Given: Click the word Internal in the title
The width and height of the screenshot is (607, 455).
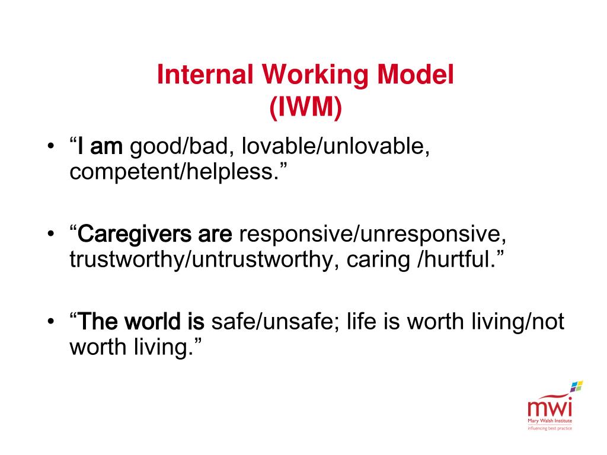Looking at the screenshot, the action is (205, 74).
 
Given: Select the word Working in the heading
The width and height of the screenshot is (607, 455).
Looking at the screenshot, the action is (315, 75).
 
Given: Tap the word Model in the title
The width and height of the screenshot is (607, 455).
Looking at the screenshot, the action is (415, 74).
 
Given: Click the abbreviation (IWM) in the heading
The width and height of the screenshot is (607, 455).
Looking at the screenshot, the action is (305, 107).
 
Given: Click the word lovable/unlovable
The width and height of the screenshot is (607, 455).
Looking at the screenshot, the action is (336, 146).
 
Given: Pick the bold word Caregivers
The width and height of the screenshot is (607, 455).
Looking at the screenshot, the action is (135, 235).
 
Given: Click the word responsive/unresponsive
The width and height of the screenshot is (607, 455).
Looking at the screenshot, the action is (372, 235).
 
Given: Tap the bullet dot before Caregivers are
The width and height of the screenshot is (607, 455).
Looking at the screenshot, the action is (51, 234).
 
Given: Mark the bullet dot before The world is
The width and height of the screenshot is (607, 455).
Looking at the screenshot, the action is (51, 321).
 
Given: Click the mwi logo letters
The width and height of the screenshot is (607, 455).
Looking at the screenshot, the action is (550, 408).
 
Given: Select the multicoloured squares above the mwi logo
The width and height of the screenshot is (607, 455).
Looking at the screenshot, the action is (576, 386).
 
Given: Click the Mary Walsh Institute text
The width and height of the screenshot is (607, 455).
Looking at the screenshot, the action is (550, 421).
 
